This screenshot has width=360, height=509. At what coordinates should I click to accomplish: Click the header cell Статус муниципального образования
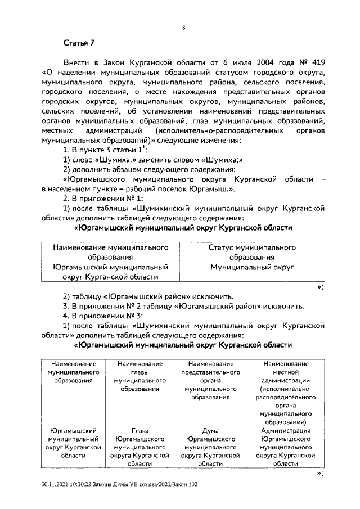pos(252,252)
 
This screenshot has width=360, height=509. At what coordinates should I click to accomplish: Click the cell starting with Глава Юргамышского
pos(139,447)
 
